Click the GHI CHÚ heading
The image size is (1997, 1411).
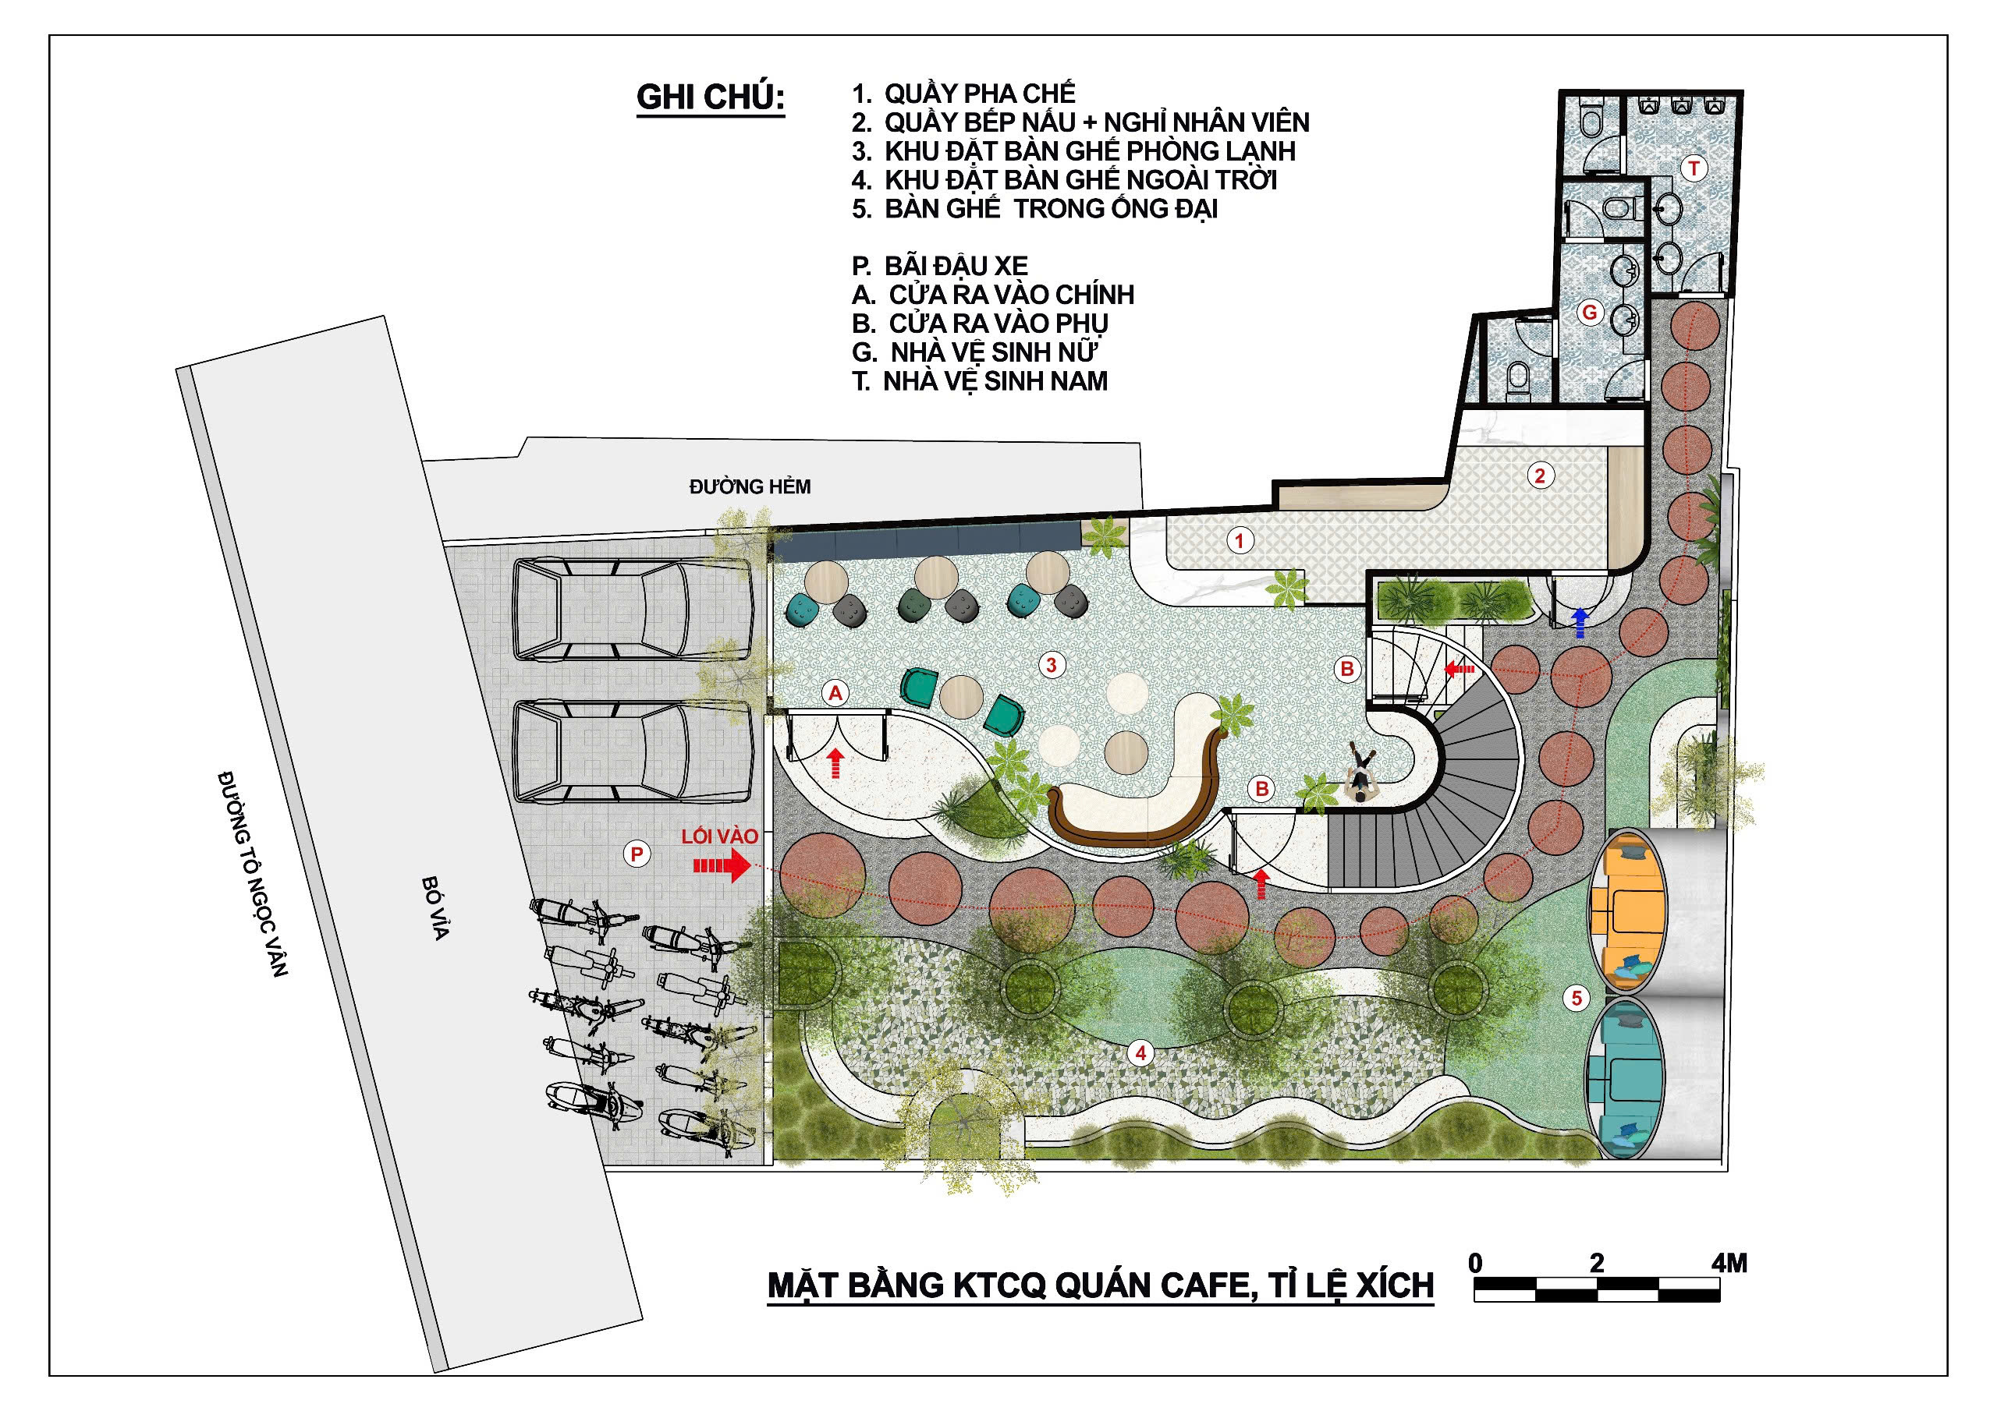click(x=711, y=97)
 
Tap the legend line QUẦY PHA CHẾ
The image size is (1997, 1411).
click(x=963, y=93)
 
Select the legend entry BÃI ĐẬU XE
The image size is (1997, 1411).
click(x=940, y=265)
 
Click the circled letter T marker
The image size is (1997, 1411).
click(x=1694, y=168)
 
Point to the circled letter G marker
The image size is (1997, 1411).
click(x=1590, y=312)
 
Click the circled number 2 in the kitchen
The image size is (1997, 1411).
click(x=1541, y=476)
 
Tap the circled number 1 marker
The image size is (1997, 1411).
click(x=1240, y=541)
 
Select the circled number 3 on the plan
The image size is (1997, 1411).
click(x=1052, y=665)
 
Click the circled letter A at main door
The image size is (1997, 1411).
click(x=835, y=693)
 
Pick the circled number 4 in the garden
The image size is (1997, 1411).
click(x=1140, y=1054)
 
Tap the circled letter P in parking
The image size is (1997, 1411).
click(x=637, y=854)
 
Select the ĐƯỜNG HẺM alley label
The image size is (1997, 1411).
click(x=750, y=487)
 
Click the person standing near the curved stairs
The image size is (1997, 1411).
click(x=1360, y=771)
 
